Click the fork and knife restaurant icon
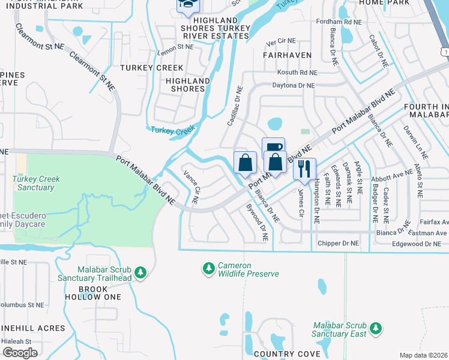tap(304, 169)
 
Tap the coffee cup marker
tap(273, 148)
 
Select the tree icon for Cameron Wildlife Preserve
tap(208, 269)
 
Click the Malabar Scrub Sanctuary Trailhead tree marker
tap(140, 272)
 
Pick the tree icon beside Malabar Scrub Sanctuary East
tap(376, 328)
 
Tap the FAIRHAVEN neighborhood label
tap(287, 55)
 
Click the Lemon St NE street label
tap(176, 46)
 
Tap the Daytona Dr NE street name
tap(294, 86)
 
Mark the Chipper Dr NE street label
tap(337, 244)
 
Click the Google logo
tap(20, 353)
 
